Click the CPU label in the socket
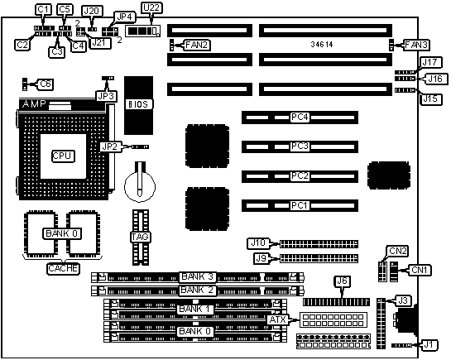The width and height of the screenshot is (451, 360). pyautogui.click(x=63, y=156)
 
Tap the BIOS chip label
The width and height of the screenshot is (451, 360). pyautogui.click(x=138, y=104)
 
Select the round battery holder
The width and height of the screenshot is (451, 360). pyautogui.click(x=140, y=186)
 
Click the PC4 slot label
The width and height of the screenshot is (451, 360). pyautogui.click(x=300, y=117)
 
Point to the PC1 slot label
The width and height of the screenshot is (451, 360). pyautogui.click(x=300, y=205)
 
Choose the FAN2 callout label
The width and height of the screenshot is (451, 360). pyautogui.click(x=197, y=46)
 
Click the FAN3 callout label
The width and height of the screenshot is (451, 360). pyautogui.click(x=416, y=46)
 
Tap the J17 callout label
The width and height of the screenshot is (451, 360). pyautogui.click(x=429, y=62)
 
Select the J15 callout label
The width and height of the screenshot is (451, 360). pyautogui.click(x=430, y=99)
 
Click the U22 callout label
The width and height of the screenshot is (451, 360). pyautogui.click(x=151, y=7)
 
